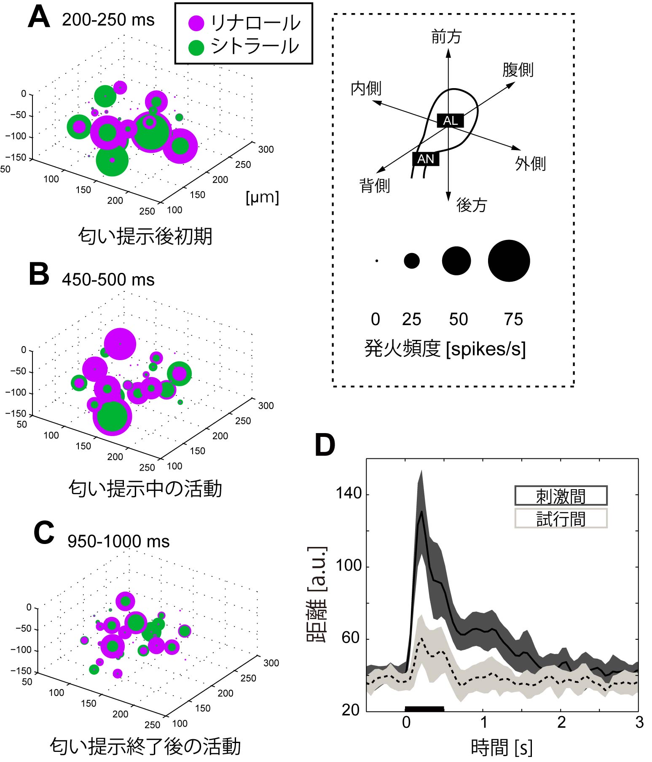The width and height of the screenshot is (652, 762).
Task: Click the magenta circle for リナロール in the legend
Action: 196,23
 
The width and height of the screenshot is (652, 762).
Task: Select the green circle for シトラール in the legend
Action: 196,47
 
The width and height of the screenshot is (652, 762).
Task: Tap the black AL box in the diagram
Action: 450,121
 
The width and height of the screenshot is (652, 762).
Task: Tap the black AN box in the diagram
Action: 426,159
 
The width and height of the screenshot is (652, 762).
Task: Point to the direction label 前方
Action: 447,37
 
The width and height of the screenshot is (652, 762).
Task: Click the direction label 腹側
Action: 518,70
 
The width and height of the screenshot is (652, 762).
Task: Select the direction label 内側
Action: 366,89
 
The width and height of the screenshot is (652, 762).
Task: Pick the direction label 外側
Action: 531,164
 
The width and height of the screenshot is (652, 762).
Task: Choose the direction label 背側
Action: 375,186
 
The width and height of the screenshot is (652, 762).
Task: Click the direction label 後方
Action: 472,205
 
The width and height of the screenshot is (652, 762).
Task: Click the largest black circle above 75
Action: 509,261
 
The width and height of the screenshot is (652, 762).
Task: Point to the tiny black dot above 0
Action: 376,261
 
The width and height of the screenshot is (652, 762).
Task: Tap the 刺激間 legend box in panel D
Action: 561,495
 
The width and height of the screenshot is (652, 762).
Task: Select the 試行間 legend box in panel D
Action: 561,518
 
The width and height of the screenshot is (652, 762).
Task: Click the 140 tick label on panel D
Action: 349,493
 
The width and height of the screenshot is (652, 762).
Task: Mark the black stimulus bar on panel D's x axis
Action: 424,709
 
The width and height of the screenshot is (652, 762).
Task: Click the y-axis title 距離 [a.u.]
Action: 317,595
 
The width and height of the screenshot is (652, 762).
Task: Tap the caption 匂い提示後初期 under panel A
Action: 145,236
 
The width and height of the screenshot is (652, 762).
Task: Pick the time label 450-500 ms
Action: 108,280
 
